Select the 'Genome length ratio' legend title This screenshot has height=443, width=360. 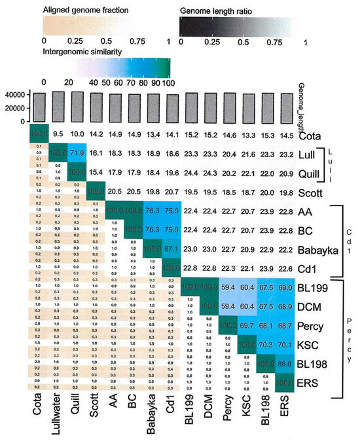219,11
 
